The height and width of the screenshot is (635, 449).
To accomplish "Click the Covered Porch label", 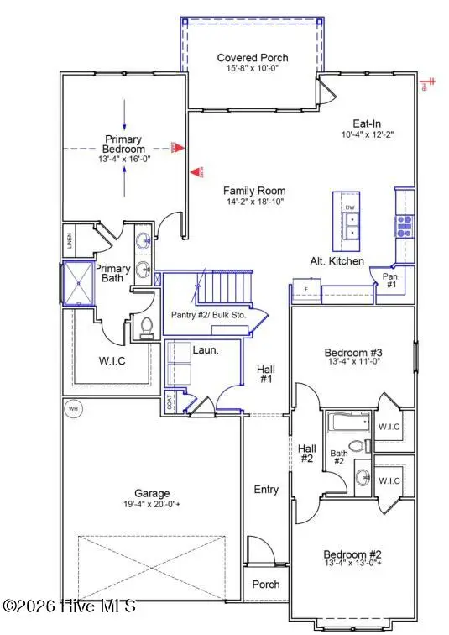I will (x=253, y=58).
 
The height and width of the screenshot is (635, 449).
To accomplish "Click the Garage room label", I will (x=153, y=493).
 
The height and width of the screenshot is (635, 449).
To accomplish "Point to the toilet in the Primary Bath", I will (x=147, y=327).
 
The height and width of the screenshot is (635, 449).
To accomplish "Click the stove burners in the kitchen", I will (x=404, y=223).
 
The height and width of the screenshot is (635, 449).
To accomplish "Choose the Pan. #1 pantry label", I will (x=390, y=280).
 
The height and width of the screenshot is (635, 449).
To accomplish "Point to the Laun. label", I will (x=206, y=349).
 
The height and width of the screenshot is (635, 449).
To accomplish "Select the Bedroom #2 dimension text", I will (x=353, y=566).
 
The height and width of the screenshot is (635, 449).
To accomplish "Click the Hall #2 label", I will (x=306, y=454).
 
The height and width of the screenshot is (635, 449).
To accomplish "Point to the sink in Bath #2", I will (x=363, y=478).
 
